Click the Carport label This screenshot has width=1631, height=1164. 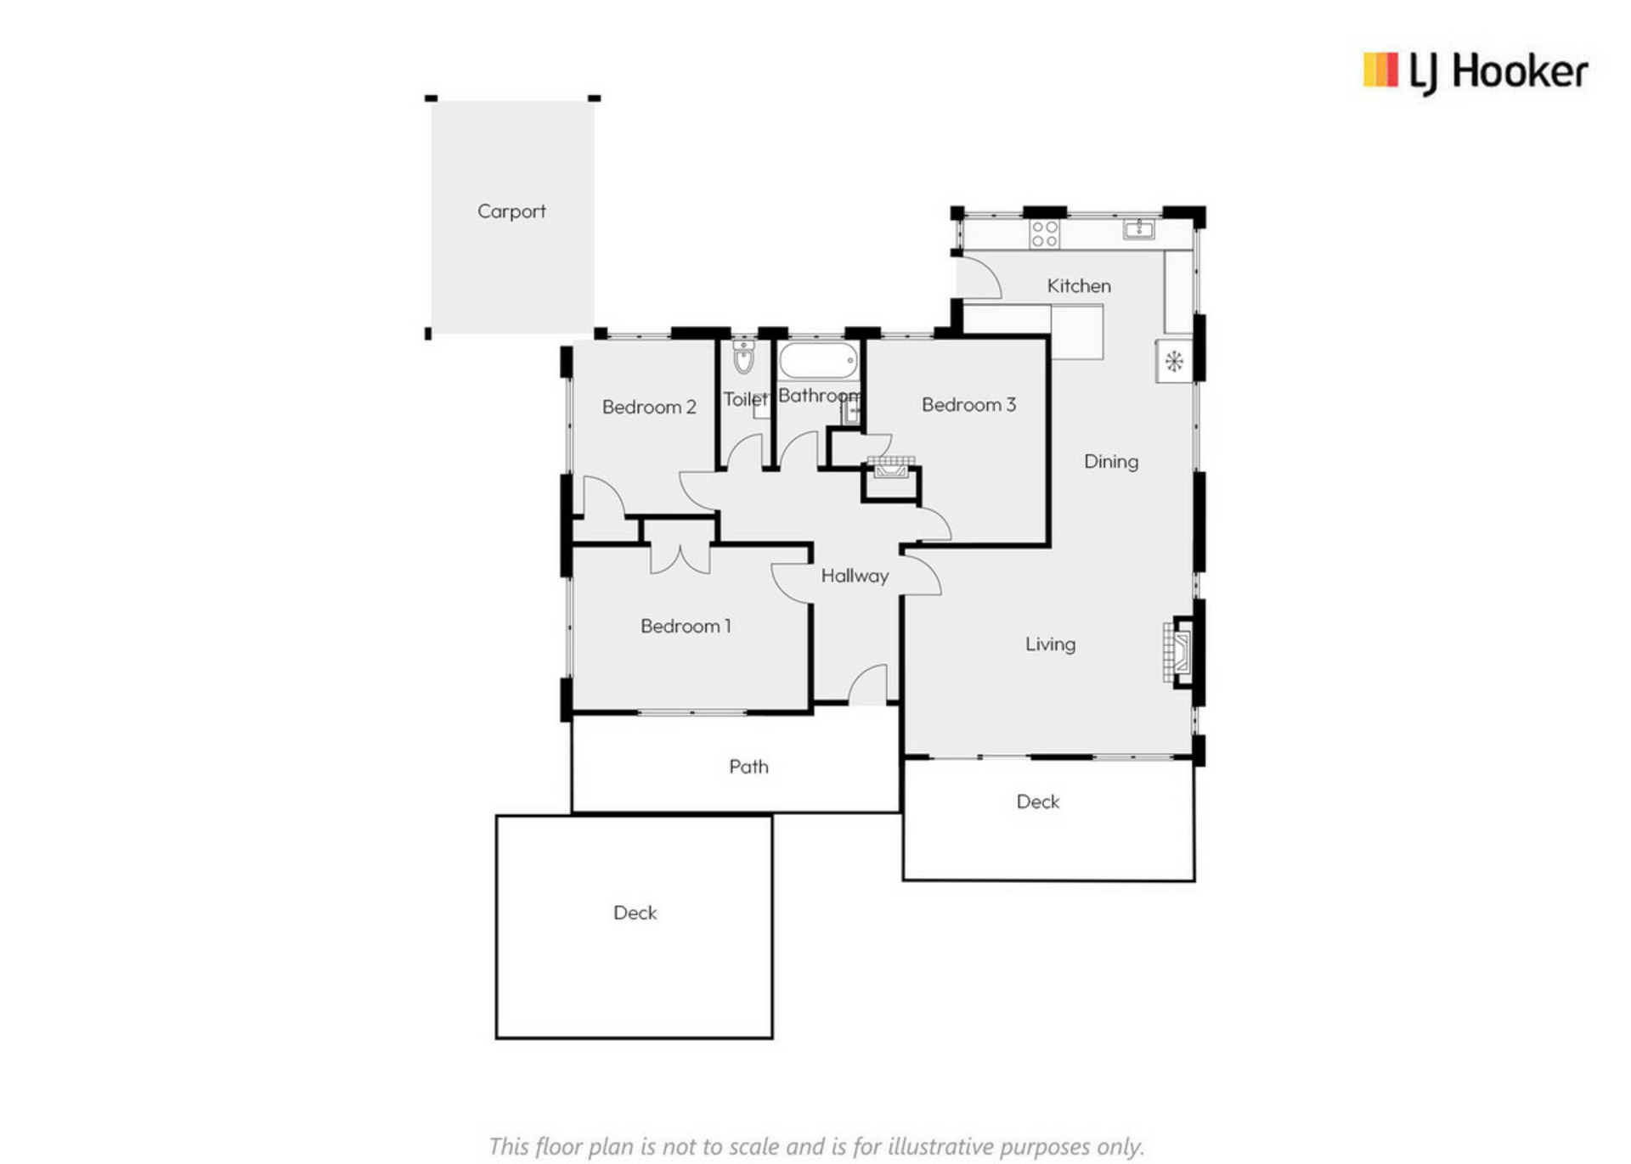click(x=511, y=211)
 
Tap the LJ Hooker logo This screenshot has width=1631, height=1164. click(x=1476, y=72)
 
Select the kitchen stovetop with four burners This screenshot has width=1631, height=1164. click(x=1044, y=233)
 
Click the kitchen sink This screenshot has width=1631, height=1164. click(x=1138, y=228)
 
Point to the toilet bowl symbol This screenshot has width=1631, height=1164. click(x=743, y=357)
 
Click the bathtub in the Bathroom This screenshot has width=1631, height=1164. click(x=818, y=361)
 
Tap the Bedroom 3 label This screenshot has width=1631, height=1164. click(x=968, y=405)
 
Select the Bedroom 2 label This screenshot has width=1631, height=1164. click(x=649, y=408)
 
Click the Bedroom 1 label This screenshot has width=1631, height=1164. click(x=686, y=627)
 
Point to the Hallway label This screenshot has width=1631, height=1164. click(x=855, y=576)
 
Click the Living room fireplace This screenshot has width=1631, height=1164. click(x=1178, y=652)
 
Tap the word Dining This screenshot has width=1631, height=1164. click(x=1111, y=462)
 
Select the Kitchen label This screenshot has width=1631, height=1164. click(x=1079, y=286)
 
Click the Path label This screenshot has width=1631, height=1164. click(x=748, y=767)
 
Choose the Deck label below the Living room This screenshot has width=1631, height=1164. click(x=1038, y=801)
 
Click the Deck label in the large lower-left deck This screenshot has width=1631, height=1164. click(x=635, y=913)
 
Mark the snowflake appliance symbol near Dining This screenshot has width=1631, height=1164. click(x=1174, y=362)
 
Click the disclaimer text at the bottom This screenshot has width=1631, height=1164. click(x=816, y=1146)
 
